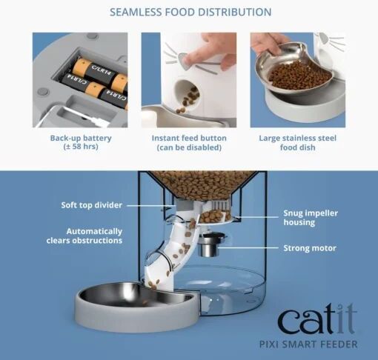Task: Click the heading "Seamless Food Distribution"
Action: pyautogui.click(x=190, y=12)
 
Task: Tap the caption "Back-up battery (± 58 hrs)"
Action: pyautogui.click(x=81, y=142)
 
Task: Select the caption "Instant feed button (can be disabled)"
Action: pyautogui.click(x=189, y=142)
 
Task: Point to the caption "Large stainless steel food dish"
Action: pyautogui.click(x=298, y=142)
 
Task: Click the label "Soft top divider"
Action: pyautogui.click(x=92, y=205)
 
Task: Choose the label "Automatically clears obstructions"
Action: pyautogui.click(x=84, y=236)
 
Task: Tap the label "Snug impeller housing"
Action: pyautogui.click(x=311, y=218)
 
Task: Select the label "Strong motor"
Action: pyautogui.click(x=310, y=248)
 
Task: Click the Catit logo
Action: pyautogui.click(x=317, y=319)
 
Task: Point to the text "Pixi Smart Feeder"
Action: pyautogui.click(x=308, y=344)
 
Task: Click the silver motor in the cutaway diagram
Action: pyautogui.click(x=210, y=244)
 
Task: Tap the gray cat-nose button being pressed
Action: pyautogui.click(x=184, y=61)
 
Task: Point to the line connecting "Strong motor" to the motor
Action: pyautogui.click(x=248, y=247)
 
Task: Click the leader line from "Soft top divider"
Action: pyautogui.click(x=151, y=205)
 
